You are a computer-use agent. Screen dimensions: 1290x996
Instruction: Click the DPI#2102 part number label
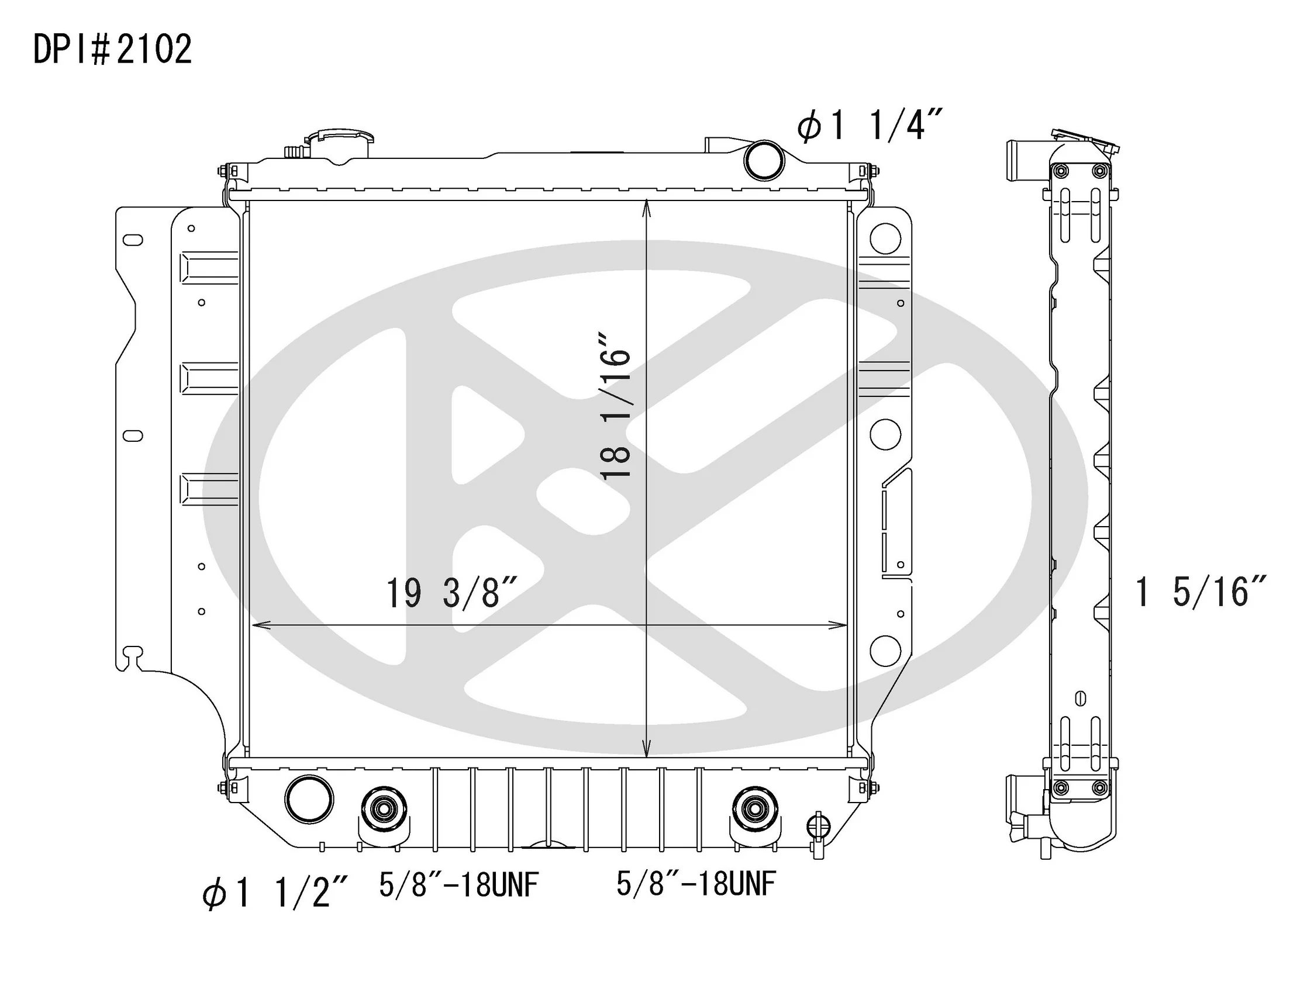(x=112, y=50)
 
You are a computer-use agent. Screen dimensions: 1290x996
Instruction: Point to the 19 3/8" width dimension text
(x=453, y=593)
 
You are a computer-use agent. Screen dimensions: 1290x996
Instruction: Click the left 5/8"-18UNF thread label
(x=459, y=884)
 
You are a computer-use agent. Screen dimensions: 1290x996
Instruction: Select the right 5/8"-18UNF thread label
(x=696, y=884)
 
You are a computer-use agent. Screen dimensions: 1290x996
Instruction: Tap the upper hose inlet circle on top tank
(x=764, y=160)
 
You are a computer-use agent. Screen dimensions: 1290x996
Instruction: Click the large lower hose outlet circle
(x=308, y=799)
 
